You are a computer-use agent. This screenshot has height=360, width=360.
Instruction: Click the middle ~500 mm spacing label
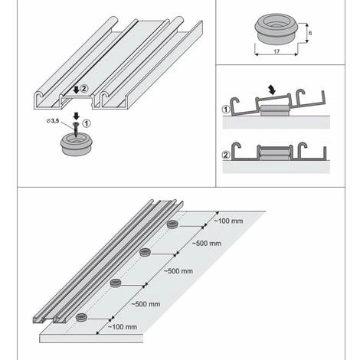[178, 271]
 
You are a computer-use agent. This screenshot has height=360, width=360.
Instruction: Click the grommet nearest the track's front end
[81, 316]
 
